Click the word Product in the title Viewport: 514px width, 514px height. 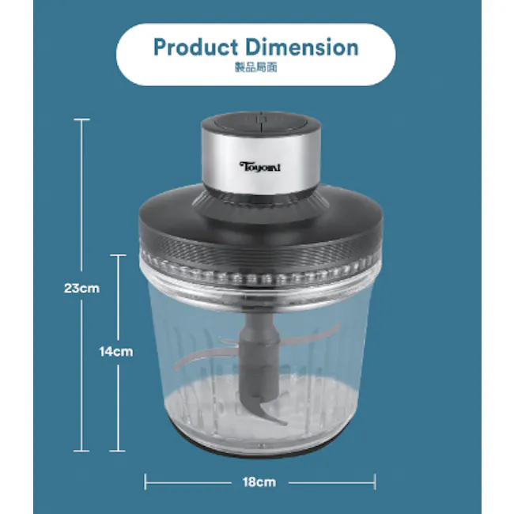point(195,47)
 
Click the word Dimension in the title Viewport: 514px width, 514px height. point(302,47)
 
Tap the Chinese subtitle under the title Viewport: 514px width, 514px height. point(256,67)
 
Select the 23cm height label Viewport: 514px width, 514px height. point(81,289)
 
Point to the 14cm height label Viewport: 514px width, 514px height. point(116,352)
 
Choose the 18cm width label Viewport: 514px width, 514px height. point(259,482)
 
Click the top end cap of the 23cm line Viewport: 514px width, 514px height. point(81,119)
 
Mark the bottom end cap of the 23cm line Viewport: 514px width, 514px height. point(81,451)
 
